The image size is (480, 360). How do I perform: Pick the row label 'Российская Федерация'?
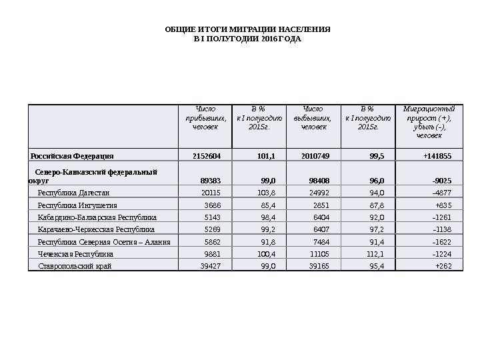[x=72, y=156]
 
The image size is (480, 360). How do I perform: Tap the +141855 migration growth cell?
[x=437, y=156]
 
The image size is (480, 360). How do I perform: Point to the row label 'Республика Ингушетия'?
[x=77, y=205]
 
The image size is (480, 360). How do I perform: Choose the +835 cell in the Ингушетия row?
[x=443, y=205]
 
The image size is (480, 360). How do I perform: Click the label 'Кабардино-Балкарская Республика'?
[x=97, y=217]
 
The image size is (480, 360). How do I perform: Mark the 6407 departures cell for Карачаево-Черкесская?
[x=321, y=229]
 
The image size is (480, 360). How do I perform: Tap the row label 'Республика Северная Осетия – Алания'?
[x=104, y=242]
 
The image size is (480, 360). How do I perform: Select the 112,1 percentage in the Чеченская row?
[x=376, y=254]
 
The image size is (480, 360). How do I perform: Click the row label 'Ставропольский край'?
[x=75, y=266]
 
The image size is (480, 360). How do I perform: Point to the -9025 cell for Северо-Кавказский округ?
[x=441, y=180]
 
